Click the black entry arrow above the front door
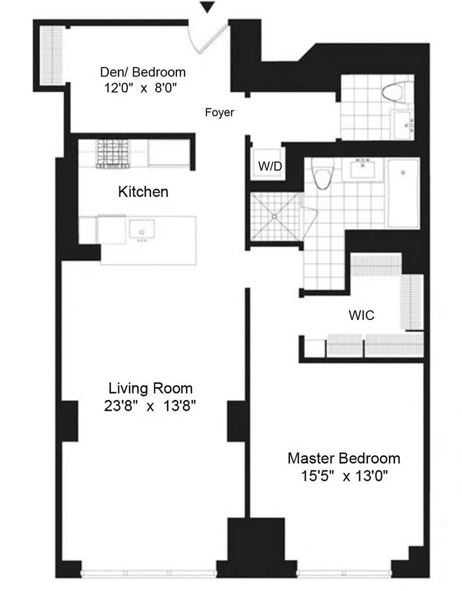point(207,7)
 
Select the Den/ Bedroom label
point(143,72)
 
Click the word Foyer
point(219,112)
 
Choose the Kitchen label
point(143,192)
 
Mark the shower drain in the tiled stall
point(275,217)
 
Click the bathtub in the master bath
point(403,193)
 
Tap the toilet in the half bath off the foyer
point(393,92)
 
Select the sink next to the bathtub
point(365,170)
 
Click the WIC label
point(361,315)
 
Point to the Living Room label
point(150,388)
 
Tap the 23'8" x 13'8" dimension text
point(150,406)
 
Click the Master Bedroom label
point(344,458)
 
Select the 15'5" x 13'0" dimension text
point(344,476)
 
